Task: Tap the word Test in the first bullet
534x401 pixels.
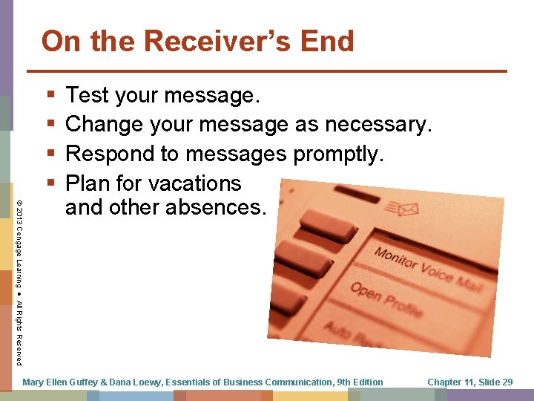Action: click(88, 95)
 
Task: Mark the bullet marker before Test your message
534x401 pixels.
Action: click(50, 95)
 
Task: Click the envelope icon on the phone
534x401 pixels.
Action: click(407, 212)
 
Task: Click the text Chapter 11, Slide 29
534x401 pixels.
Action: click(470, 382)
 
